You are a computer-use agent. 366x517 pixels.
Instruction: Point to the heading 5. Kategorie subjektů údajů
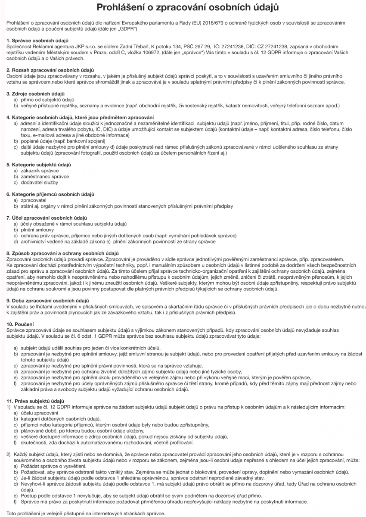tap(39, 165)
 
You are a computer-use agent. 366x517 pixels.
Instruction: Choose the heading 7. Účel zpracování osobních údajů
tap(47, 218)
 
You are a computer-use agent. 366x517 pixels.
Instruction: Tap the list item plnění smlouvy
tap(38, 230)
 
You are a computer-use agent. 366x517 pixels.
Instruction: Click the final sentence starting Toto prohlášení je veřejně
tap(86, 514)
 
